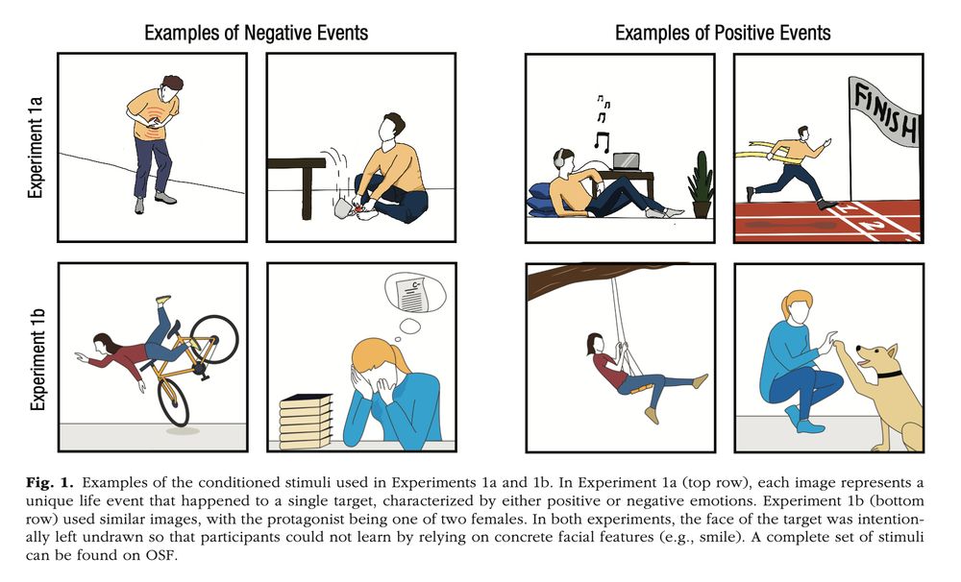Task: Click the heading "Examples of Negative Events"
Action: pyautogui.click(x=257, y=33)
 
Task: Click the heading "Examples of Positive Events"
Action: pyautogui.click(x=723, y=33)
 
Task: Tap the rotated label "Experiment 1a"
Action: pyautogui.click(x=37, y=147)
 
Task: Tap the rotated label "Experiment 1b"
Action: pyautogui.click(x=37, y=359)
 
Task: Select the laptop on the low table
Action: pyautogui.click(x=626, y=161)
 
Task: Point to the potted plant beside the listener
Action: pyautogui.click(x=701, y=184)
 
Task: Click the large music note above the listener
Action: pyautogui.click(x=602, y=142)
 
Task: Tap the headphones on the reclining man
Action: pyautogui.click(x=559, y=159)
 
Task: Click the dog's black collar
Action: pyautogui.click(x=889, y=374)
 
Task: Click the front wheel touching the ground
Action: pyautogui.click(x=172, y=401)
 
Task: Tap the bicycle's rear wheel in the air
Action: pyautogui.click(x=214, y=339)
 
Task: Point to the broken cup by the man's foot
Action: pyautogui.click(x=345, y=207)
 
